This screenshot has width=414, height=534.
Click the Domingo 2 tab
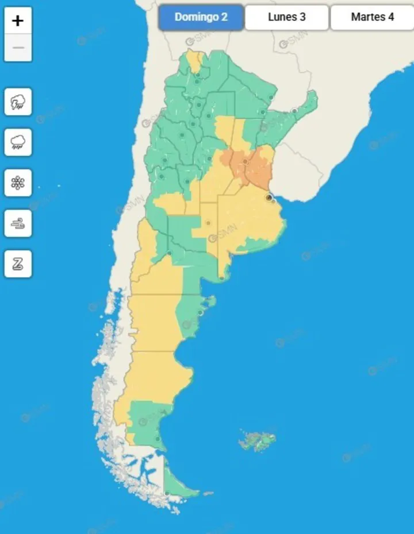coord(201,17)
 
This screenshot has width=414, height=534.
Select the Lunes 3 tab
coord(286,17)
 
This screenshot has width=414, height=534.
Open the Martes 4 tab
coord(372,17)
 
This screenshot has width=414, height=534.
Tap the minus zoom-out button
coord(18,48)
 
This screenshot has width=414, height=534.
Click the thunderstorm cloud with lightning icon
coord(18,102)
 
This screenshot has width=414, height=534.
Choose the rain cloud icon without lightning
coord(18,142)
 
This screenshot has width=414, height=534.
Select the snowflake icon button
coord(18,183)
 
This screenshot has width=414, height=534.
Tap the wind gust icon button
coord(18,223)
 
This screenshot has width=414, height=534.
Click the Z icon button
coord(18,264)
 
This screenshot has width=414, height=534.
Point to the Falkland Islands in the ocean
coord(258,441)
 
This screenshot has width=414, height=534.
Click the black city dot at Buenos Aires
coord(269,198)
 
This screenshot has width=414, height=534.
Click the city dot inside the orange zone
coord(245,161)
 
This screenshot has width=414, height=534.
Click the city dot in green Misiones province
coord(294,111)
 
